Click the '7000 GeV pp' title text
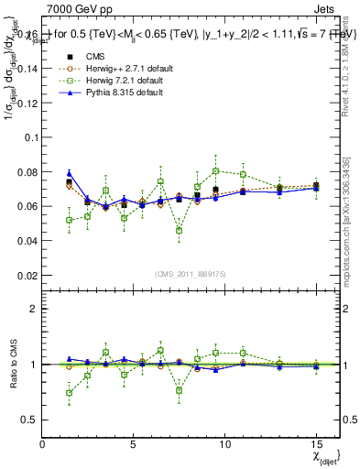click(74, 10)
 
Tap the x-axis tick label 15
click(316, 444)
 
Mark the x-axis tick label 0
click(43, 444)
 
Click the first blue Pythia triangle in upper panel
click(70, 173)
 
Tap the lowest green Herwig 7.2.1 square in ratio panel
click(70, 393)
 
